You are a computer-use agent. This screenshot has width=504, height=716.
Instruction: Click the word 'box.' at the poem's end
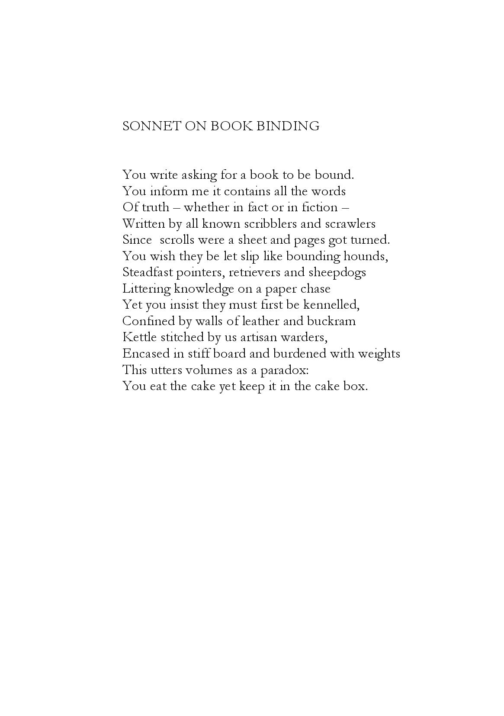358,386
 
